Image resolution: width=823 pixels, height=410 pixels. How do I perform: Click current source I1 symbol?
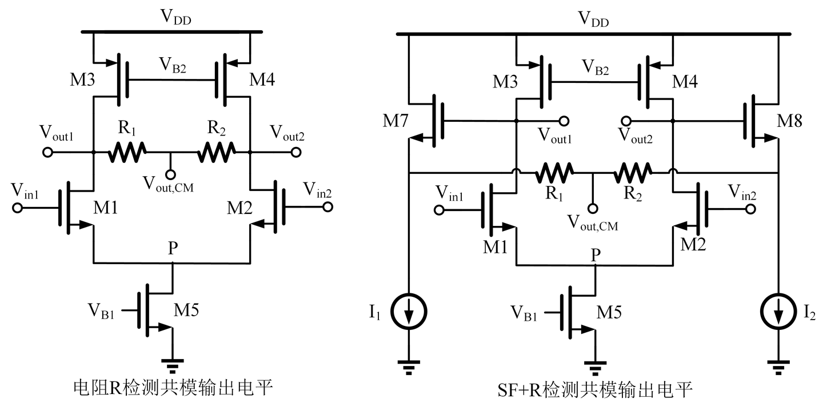pos(409,311)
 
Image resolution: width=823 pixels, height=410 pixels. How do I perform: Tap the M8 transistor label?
pos(790,121)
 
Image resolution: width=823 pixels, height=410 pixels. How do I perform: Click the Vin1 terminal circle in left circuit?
pos(18,208)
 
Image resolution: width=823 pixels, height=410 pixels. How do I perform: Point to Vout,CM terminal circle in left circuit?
pos(170,174)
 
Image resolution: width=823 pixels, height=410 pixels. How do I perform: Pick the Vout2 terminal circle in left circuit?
pos(295,153)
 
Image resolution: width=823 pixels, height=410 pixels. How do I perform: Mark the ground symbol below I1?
pos(409,364)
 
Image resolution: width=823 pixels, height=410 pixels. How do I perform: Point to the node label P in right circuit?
pos(596,255)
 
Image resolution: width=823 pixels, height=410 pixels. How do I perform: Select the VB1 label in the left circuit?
pos(101,311)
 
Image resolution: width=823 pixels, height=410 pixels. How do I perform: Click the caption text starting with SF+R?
pos(594,392)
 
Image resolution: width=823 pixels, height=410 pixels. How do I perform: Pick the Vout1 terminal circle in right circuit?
pos(564,121)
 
